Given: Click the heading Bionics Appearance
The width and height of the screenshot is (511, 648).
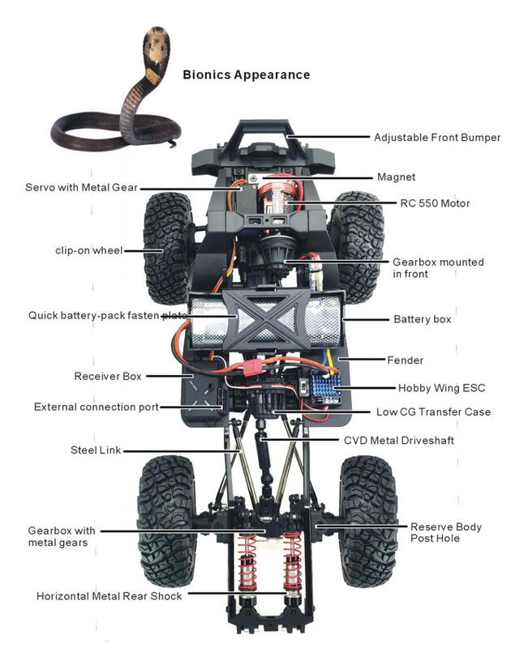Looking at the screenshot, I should click(x=246, y=75).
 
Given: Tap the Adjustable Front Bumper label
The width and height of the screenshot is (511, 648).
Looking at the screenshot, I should click(x=436, y=137).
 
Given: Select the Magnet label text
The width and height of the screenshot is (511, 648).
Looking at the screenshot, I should click(x=397, y=177).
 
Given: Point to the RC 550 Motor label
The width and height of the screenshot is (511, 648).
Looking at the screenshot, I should click(x=435, y=202).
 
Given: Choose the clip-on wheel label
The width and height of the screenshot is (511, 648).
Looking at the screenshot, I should click(x=89, y=250).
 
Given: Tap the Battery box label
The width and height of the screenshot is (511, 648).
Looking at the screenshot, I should click(x=422, y=319).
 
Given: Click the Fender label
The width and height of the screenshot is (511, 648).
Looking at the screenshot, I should click(x=405, y=360).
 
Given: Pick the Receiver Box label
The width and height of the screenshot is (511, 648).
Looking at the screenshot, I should click(x=108, y=376).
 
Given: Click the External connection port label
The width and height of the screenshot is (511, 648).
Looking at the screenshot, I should click(x=97, y=407).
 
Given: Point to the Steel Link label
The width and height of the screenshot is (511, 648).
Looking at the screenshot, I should click(x=96, y=450).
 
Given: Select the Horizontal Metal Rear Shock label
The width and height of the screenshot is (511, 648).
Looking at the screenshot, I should click(x=109, y=595).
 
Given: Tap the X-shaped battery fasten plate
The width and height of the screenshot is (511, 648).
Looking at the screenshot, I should click(x=266, y=318).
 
